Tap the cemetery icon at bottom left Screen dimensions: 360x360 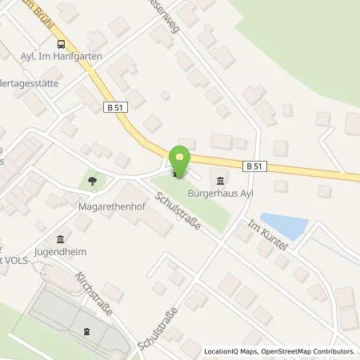tap(86, 330)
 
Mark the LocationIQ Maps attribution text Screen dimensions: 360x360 tap(233, 351)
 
